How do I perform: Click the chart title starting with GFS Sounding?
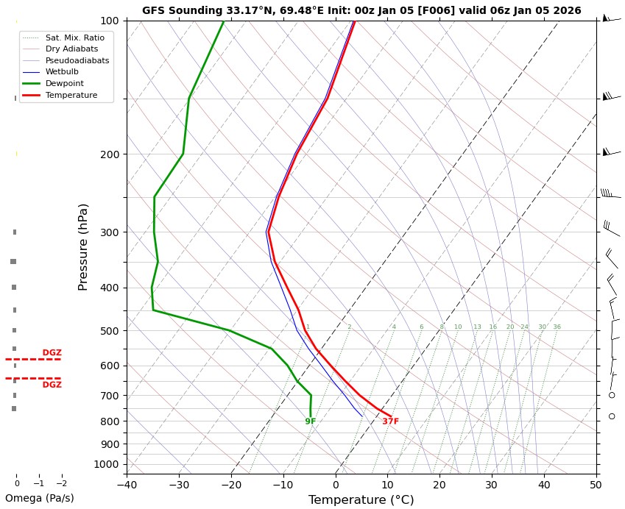point(361,10)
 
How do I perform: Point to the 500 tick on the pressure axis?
point(110,331)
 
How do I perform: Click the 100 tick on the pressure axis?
point(110,21)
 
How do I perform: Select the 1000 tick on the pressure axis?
point(107,464)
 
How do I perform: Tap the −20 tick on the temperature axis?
point(231,484)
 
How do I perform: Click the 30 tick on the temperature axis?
point(492,484)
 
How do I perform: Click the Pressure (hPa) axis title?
point(83,246)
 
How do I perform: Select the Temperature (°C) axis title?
point(361,500)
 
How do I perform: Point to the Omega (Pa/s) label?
point(39,498)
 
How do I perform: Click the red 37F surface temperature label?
point(390,421)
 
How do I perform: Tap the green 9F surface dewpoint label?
point(311,421)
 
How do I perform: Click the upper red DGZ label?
point(52,353)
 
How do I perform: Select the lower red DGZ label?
point(52,385)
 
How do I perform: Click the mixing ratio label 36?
point(557,327)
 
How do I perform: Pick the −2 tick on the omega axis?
point(61,484)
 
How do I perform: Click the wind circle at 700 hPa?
point(612,395)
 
